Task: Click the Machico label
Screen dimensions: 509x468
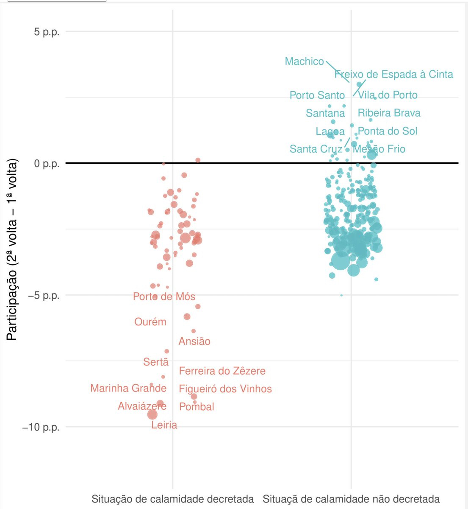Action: (x=304, y=62)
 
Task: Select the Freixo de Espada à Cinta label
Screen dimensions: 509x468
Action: (x=393, y=75)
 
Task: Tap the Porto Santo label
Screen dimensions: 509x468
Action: (x=317, y=95)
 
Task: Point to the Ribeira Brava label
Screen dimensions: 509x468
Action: (x=389, y=113)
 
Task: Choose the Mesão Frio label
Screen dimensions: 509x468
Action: (x=379, y=149)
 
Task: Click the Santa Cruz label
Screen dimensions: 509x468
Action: (x=316, y=149)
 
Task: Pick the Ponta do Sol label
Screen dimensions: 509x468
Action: (x=388, y=131)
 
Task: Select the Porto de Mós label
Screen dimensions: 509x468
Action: (x=164, y=296)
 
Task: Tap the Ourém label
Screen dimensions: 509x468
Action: (x=150, y=322)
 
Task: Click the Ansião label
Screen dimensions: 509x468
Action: (x=194, y=341)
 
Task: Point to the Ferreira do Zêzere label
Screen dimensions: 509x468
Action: (x=222, y=371)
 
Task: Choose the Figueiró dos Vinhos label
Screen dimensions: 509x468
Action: (x=225, y=389)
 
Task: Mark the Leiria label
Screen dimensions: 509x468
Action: (x=164, y=425)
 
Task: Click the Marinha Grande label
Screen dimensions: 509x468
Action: (x=128, y=388)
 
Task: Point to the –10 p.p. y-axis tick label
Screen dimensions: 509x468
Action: (x=41, y=427)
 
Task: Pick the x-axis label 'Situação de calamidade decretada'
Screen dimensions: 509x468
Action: (x=172, y=499)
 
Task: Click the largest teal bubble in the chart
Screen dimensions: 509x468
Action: (x=341, y=261)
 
